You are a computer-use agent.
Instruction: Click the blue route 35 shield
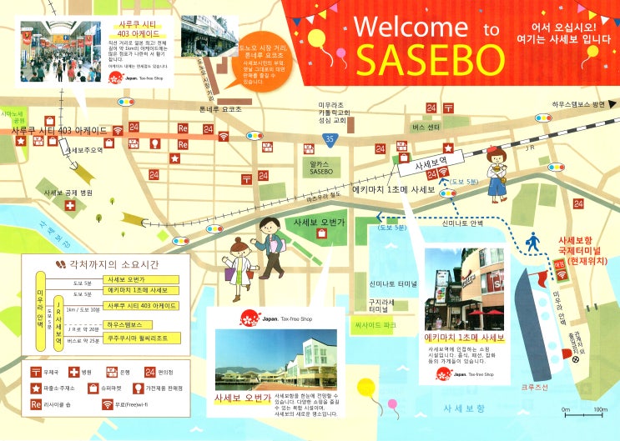[x=332, y=138]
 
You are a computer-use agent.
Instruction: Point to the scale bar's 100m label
[x=600, y=409]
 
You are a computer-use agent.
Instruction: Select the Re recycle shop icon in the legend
[x=36, y=404]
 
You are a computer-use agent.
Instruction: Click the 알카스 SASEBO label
[x=321, y=168]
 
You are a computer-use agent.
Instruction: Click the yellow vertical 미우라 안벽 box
[x=40, y=308]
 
